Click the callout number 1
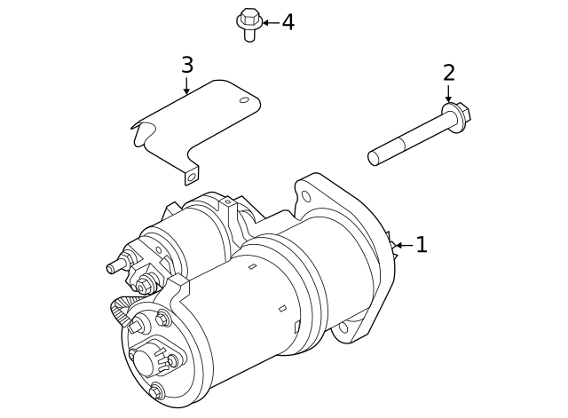pyautogui.click(x=422, y=245)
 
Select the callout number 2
pyautogui.click(x=448, y=73)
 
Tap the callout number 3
pyautogui.click(x=186, y=65)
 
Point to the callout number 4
pyautogui.click(x=288, y=22)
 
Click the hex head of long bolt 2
pyautogui.click(x=456, y=114)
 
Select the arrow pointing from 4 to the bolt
pyautogui.click(x=269, y=22)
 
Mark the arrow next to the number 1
pyautogui.click(x=402, y=245)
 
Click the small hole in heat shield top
pyautogui.click(x=242, y=100)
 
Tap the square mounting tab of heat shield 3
pyautogui.click(x=190, y=177)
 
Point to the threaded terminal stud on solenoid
pyautogui.click(x=114, y=266)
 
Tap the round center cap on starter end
pyautogui.click(x=143, y=359)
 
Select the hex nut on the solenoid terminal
pyautogui.click(x=145, y=285)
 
